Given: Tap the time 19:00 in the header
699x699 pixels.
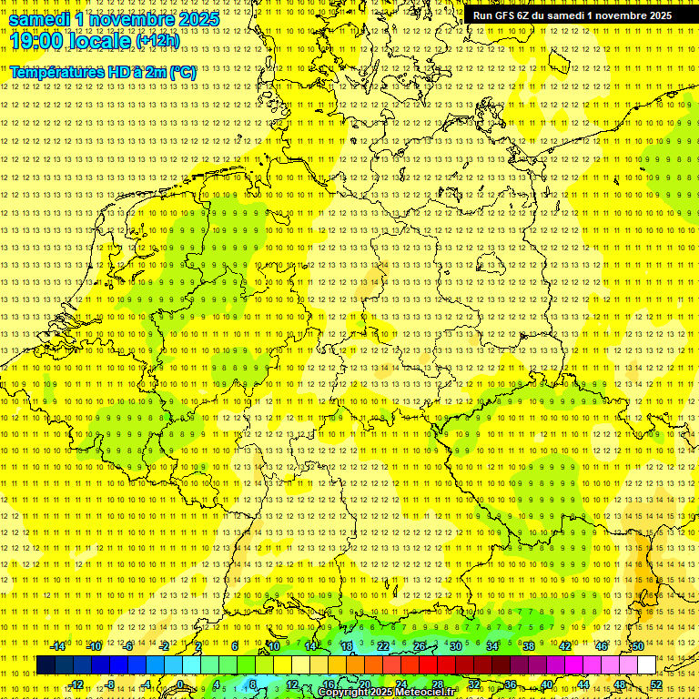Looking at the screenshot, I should click(x=35, y=41).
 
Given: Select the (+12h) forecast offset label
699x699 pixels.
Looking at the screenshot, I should click(x=157, y=41).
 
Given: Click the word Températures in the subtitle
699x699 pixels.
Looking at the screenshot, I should click(x=55, y=72).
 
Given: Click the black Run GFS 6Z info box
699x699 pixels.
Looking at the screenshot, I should click(x=572, y=15).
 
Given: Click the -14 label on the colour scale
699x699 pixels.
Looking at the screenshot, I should click(x=59, y=646).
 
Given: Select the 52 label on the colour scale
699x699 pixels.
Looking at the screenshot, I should click(x=655, y=684).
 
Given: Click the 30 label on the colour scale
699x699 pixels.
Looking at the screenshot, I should click(x=455, y=646).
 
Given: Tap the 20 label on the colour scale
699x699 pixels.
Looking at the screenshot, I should click(x=364, y=684).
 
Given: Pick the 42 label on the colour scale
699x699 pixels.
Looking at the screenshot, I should click(x=564, y=646).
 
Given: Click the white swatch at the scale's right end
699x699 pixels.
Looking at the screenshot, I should click(x=646, y=665).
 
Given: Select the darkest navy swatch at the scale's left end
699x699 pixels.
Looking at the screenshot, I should click(x=46, y=665).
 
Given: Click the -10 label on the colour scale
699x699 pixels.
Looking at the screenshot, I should click(x=95, y=646).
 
